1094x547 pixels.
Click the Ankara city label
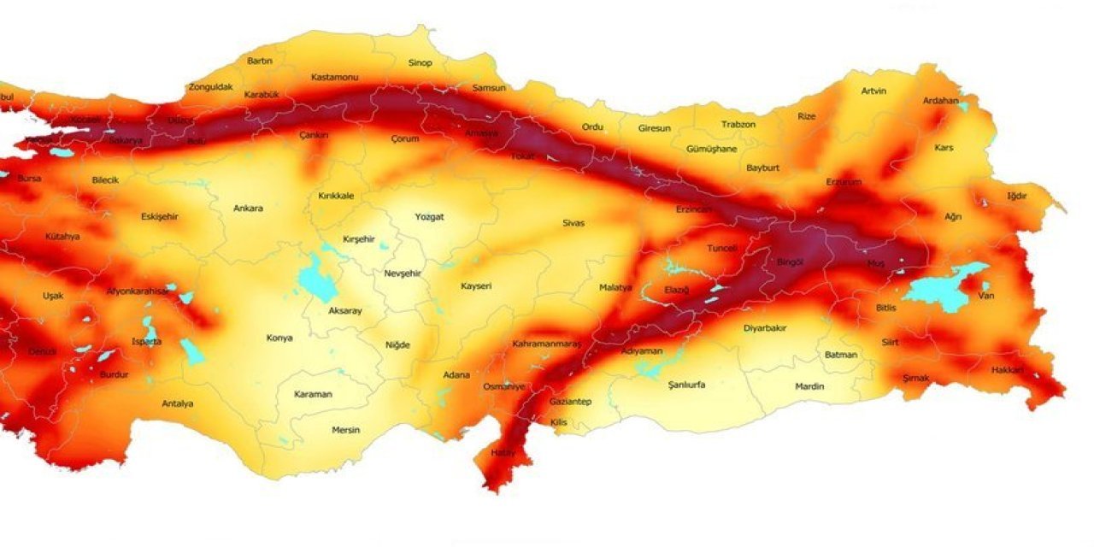point(248,208)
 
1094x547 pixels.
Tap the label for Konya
point(279,338)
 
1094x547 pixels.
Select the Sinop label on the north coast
point(420,62)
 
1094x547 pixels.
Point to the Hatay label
point(503,452)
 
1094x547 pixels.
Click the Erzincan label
point(692,209)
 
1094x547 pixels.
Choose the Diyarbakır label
point(764,328)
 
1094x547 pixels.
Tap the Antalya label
point(177,403)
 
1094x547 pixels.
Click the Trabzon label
point(738,124)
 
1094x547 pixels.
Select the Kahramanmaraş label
point(546,344)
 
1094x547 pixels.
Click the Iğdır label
point(1016,196)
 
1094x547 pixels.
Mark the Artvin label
point(873,91)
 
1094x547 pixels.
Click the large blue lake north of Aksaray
point(317,283)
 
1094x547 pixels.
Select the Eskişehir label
point(159,216)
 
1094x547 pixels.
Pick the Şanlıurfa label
point(686,385)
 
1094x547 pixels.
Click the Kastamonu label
point(334,77)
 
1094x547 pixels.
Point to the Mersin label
point(345,430)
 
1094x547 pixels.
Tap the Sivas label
point(573,223)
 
